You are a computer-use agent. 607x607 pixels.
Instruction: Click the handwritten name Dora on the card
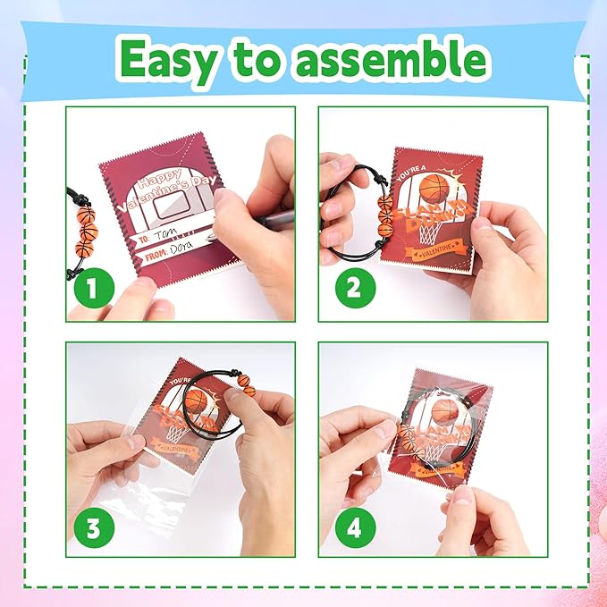pos(178,254)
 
